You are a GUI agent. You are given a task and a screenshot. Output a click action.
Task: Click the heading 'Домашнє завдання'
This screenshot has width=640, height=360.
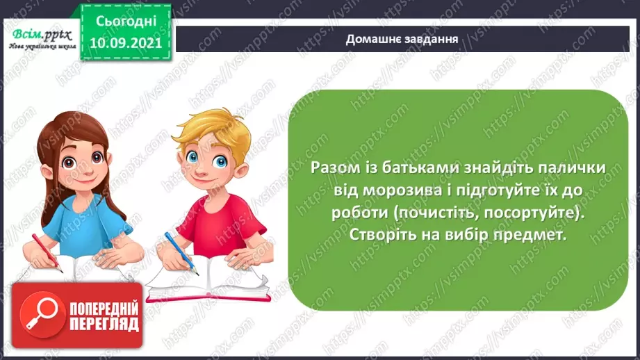click(402, 39)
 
